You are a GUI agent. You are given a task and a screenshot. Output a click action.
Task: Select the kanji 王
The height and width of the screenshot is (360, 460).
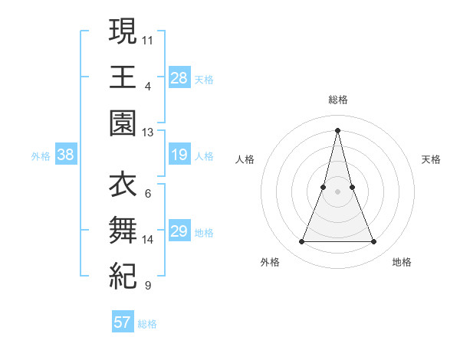coord(123,76)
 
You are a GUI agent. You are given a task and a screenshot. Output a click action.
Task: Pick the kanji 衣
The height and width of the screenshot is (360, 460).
coord(123,185)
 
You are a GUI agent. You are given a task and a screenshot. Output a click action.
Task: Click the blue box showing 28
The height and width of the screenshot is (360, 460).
coord(179,77)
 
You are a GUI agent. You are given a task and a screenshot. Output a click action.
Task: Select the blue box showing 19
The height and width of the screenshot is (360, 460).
coord(179,155)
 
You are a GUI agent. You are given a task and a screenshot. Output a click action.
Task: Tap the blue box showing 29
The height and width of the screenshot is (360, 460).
coord(179,232)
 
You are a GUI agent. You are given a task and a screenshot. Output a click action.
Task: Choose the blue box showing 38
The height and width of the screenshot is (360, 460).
coord(66,155)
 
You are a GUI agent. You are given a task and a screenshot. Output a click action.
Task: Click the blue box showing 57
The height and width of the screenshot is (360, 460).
coord(123,322)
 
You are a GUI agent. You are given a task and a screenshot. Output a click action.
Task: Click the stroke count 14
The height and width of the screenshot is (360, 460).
coord(148,240)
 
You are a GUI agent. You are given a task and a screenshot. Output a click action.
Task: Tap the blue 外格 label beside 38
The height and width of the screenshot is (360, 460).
coord(41,156)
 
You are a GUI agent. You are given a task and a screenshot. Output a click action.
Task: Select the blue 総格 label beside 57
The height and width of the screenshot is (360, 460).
coord(147,323)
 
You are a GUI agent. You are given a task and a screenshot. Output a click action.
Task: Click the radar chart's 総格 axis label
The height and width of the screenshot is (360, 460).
coord(337,100)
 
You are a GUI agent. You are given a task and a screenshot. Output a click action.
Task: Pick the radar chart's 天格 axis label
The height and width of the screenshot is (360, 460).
coord(431,159)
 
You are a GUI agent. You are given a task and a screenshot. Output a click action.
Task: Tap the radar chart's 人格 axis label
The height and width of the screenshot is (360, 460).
coord(245,159)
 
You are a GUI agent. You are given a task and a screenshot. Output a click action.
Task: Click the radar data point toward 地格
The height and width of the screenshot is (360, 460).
coord(374,242)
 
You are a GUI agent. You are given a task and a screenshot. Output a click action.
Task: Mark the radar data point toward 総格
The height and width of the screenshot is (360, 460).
coord(337,129)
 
